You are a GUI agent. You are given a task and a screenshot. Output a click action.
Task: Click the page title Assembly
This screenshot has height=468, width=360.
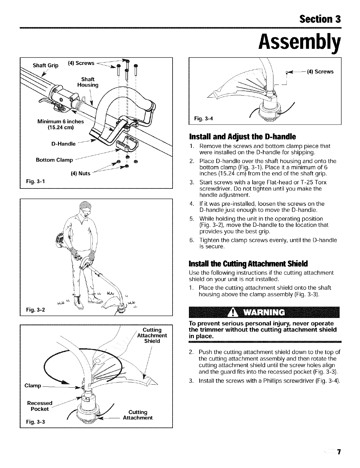tap(299, 43)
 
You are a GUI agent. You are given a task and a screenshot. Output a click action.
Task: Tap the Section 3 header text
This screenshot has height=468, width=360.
tap(320, 19)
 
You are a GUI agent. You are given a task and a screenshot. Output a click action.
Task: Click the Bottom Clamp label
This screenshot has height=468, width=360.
tap(54, 160)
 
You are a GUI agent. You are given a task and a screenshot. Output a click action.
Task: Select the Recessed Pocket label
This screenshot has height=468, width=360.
tap(40, 406)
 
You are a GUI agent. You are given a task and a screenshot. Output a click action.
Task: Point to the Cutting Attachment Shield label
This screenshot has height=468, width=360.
tap(152, 335)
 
